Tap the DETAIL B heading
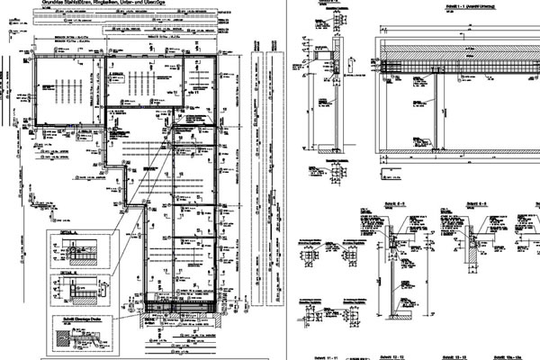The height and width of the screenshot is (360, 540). pyautogui.click(x=63, y=269)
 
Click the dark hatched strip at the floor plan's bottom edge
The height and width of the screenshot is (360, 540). pyautogui.click(x=180, y=310)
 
